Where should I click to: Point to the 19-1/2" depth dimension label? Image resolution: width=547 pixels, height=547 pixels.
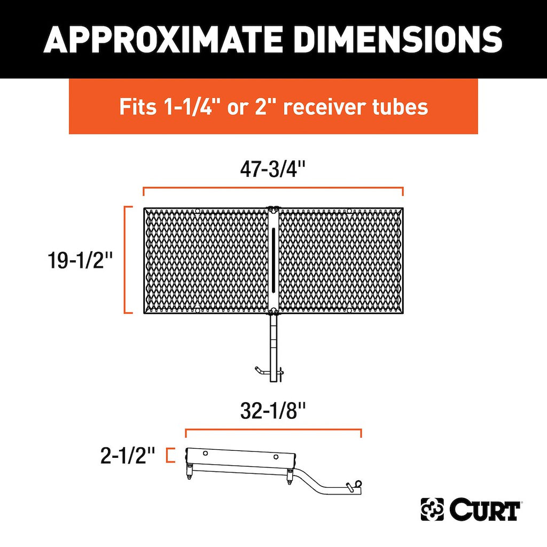click(x=81, y=260)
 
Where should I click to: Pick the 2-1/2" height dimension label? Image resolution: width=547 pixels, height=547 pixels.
click(x=127, y=455)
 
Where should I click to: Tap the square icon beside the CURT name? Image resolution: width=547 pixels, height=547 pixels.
click(x=432, y=509)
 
